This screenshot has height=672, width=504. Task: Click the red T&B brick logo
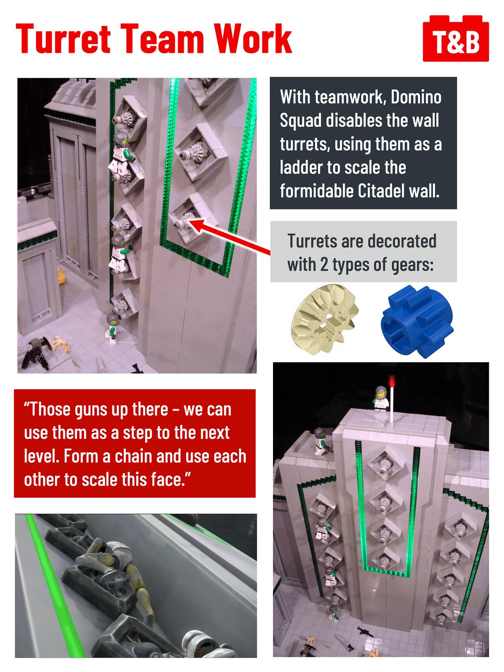point(456,38)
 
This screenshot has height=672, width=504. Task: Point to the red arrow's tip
point(190,221)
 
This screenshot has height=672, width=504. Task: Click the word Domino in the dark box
point(416,97)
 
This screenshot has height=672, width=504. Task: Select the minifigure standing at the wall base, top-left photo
point(113,325)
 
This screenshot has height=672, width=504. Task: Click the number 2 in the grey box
point(324,265)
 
